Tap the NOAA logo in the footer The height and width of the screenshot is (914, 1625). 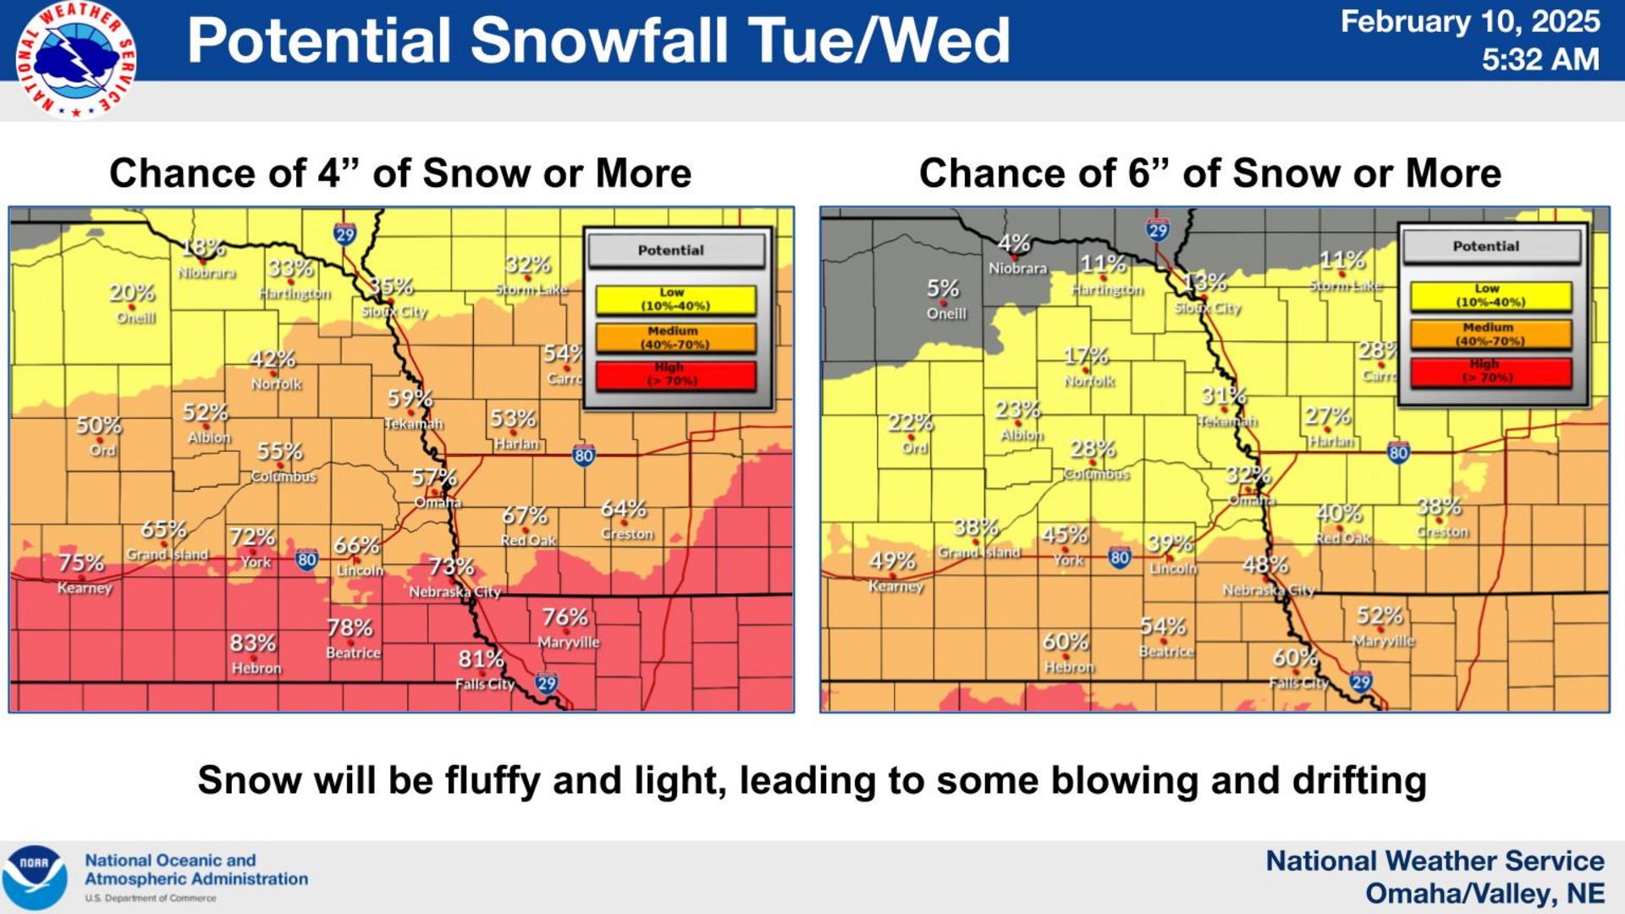(35, 877)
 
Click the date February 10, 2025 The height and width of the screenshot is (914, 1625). (1470, 21)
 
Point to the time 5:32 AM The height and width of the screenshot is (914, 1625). (1540, 59)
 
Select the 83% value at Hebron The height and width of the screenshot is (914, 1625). (252, 643)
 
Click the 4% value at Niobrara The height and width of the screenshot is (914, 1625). (1014, 244)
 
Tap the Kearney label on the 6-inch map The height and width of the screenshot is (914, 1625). (895, 586)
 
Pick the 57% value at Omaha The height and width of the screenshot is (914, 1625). (433, 478)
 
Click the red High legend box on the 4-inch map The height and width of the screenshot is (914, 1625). (675, 375)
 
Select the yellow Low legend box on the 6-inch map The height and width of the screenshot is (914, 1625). (1490, 296)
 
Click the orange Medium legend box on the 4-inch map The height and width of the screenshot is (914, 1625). (675, 338)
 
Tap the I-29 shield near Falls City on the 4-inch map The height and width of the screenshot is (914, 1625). (547, 683)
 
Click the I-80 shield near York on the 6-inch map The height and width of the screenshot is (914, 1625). (1119, 558)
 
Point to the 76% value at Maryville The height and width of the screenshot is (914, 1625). (565, 617)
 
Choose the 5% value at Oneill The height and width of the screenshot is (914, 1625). (943, 289)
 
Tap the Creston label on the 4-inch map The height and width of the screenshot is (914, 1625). (627, 534)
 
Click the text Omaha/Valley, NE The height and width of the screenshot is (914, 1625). (1485, 894)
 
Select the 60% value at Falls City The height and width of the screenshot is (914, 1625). (1295, 658)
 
